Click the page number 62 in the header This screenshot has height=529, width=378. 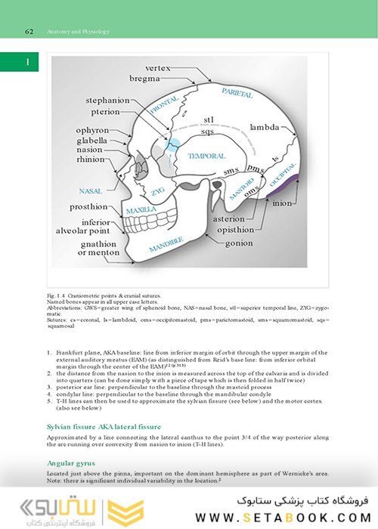point(29,32)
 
